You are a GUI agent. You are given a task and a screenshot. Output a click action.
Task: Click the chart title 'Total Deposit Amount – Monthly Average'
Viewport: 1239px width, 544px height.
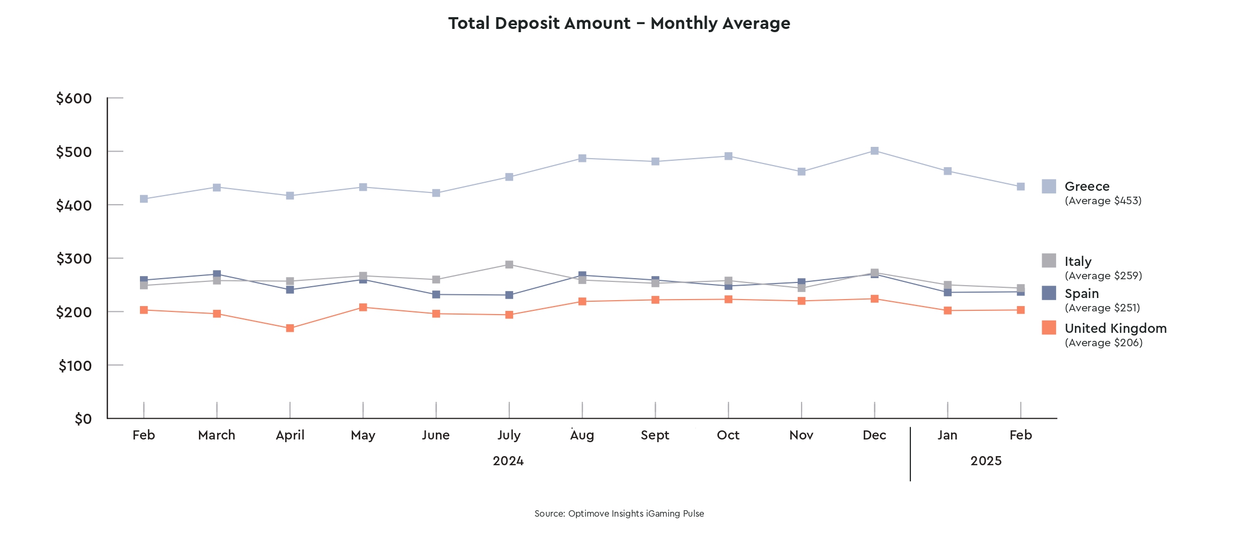619,24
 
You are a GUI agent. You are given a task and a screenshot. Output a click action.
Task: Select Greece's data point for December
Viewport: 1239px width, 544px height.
874,151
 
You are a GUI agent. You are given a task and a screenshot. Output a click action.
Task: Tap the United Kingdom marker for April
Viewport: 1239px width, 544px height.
290,328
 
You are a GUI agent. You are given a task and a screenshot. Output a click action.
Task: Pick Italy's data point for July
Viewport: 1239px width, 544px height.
509,265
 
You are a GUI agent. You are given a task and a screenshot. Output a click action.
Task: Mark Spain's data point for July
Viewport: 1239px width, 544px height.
509,295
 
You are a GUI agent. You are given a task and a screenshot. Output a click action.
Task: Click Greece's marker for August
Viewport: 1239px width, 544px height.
582,158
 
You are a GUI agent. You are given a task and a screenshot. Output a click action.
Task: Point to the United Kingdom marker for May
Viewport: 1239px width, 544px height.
363,307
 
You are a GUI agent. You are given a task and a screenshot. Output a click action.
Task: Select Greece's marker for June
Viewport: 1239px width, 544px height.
436,193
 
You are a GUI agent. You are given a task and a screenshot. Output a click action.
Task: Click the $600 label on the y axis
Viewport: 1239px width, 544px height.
74,99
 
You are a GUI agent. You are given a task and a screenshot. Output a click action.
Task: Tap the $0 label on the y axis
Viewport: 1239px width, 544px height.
83,419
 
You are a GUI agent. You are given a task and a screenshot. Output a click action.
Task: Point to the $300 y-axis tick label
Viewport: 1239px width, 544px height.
74,259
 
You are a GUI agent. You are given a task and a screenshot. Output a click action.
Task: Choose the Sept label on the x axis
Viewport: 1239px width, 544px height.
655,435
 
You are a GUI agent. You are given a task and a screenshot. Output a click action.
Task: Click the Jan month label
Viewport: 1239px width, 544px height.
947,435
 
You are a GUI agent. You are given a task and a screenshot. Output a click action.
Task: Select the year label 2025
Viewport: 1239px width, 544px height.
986,461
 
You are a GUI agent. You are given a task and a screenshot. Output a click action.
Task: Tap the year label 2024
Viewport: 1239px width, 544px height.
508,461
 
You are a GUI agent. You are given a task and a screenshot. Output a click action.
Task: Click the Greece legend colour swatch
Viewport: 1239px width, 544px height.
1049,187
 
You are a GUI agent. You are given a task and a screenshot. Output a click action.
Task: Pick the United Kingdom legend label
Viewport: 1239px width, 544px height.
1116,329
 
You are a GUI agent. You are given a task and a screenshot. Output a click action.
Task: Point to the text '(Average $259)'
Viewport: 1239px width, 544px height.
1103,276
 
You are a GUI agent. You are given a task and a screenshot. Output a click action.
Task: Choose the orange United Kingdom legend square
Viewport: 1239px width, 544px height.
1049,327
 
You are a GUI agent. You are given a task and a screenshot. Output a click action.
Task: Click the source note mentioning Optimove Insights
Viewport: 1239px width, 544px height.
619,513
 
